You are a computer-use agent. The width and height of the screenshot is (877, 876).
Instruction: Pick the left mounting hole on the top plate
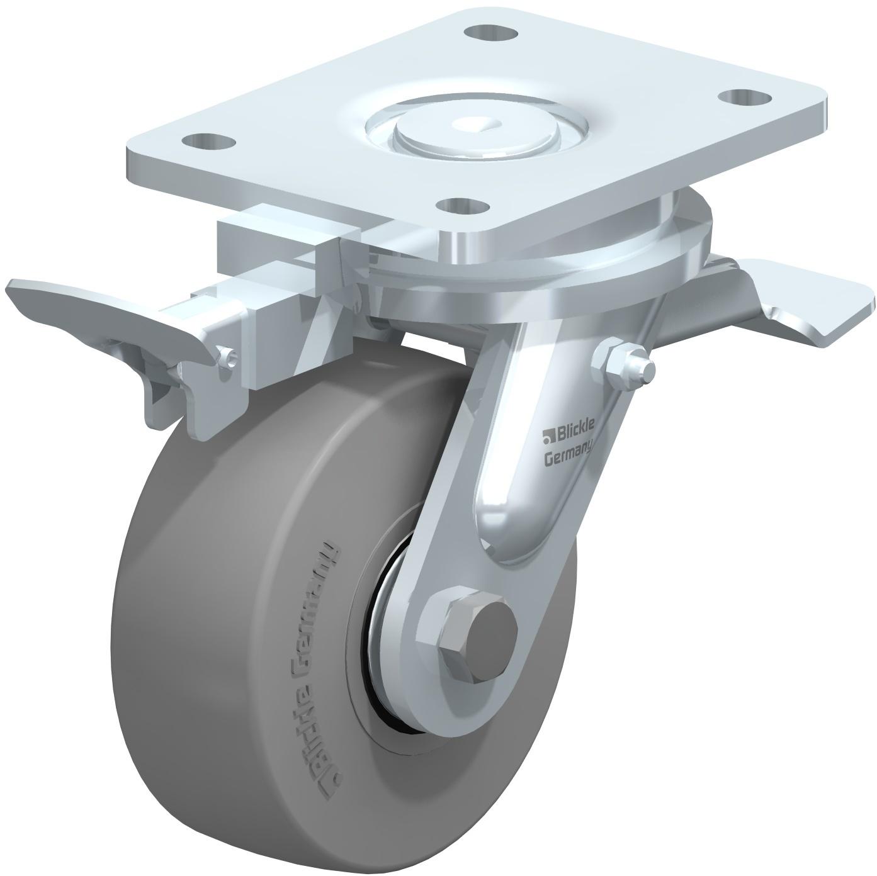coord(208,141)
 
